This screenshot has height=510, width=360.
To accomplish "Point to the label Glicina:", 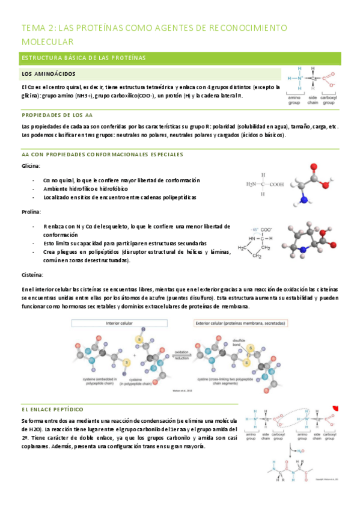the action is pos(31,165).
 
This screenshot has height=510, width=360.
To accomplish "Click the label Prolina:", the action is pos(31,212).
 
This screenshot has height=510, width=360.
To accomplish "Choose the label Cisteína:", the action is pos(32,274).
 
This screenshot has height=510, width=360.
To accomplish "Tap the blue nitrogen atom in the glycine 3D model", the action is pos(305,200).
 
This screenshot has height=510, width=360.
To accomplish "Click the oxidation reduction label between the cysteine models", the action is pos(182,354).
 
